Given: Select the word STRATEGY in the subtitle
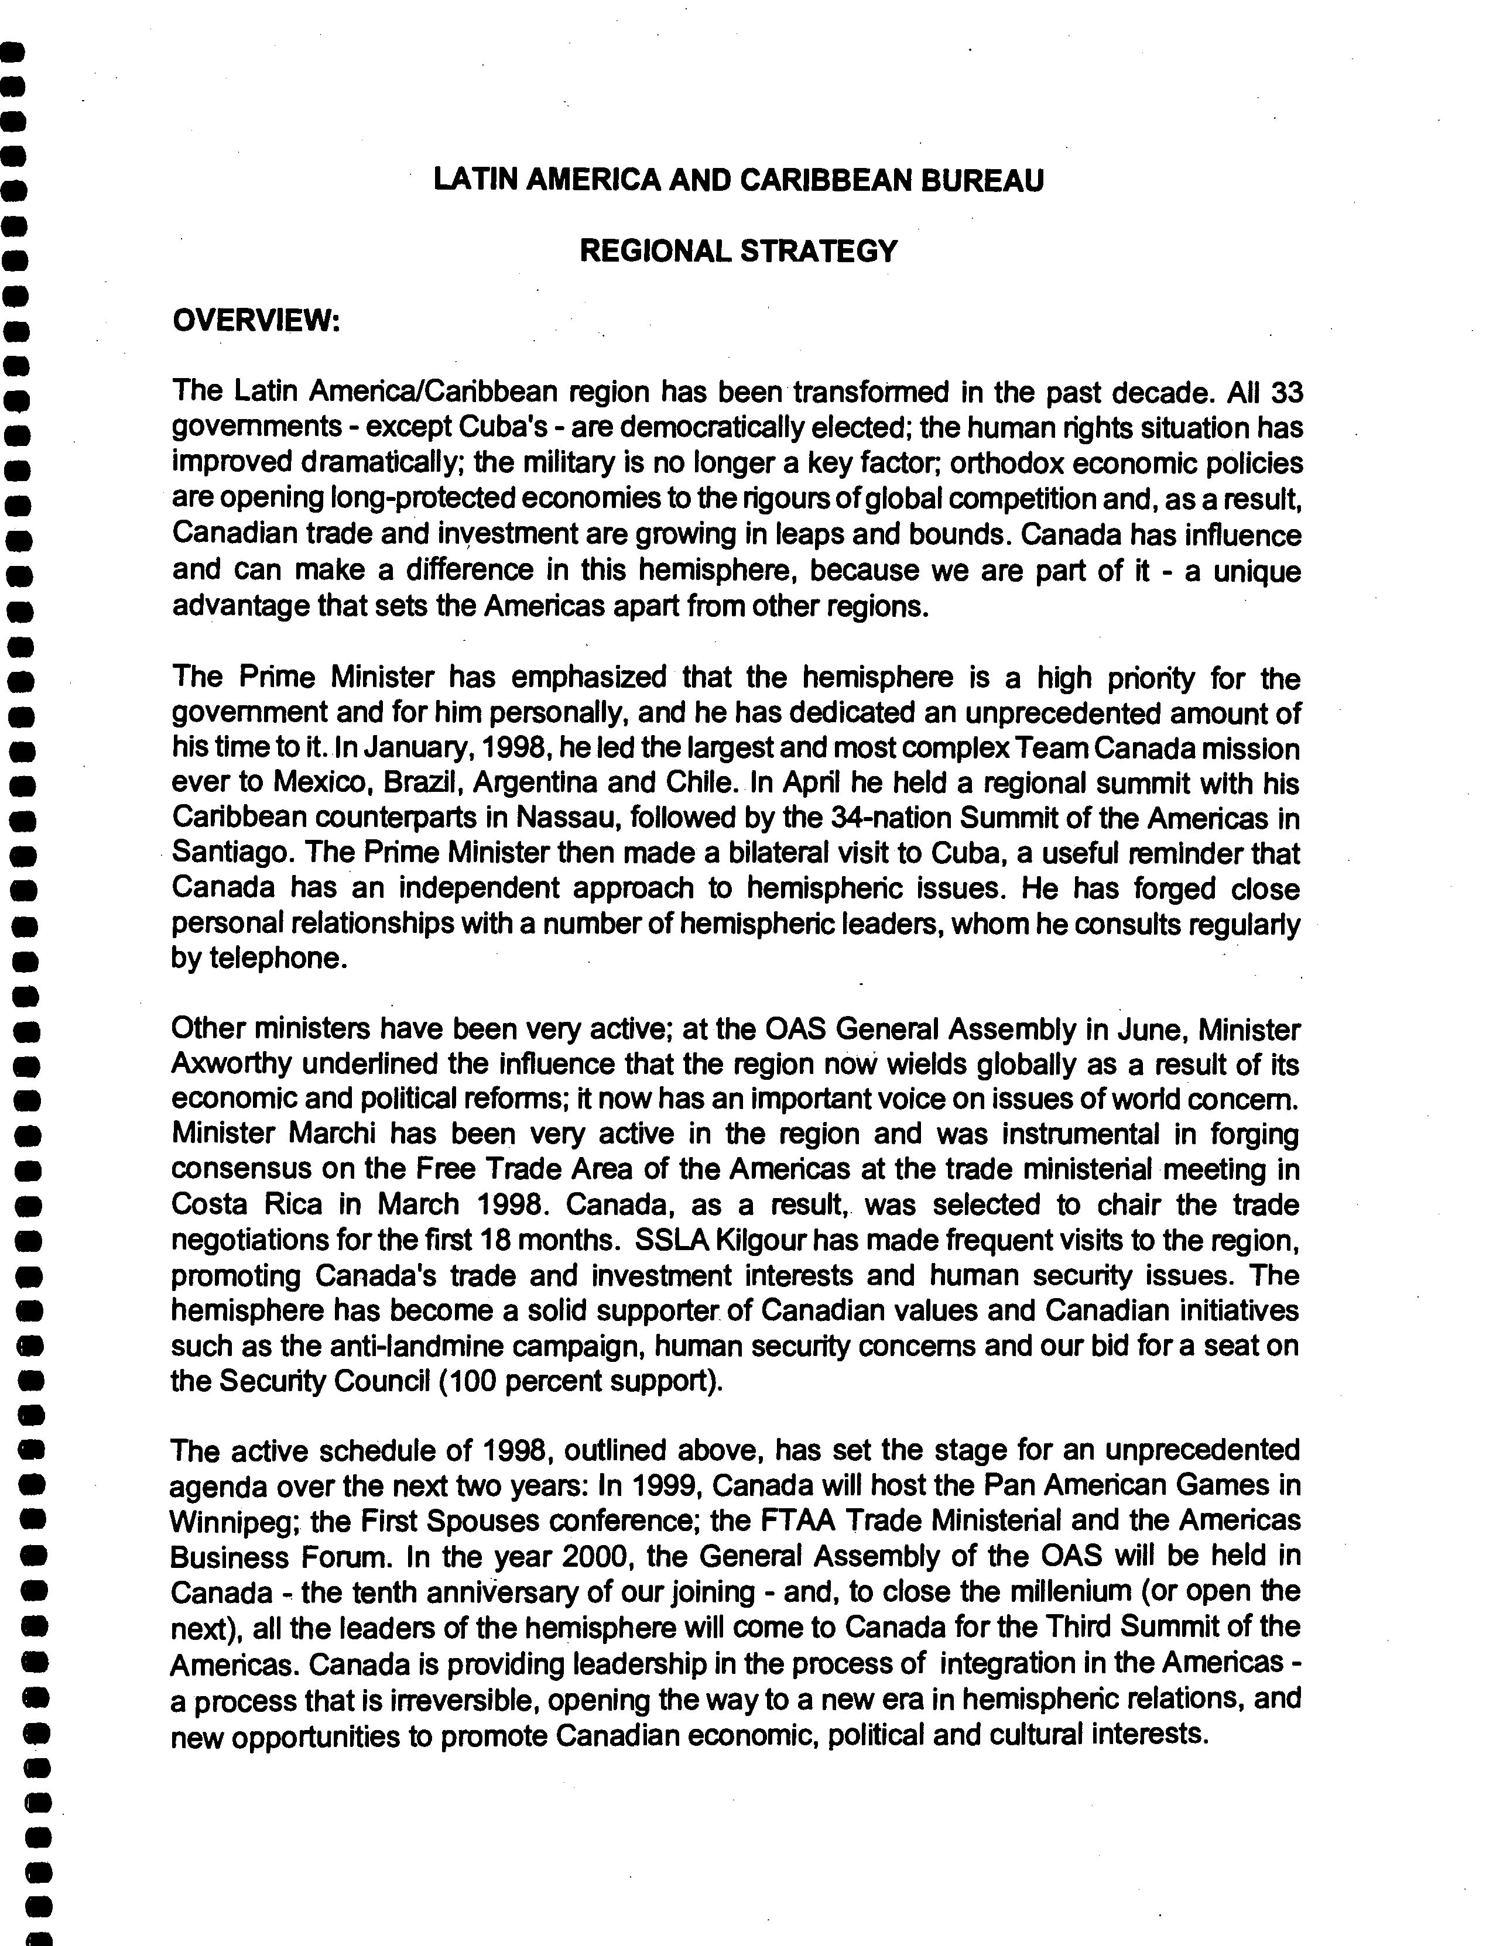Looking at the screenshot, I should (817, 252).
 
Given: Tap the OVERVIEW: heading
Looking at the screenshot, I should (256, 320).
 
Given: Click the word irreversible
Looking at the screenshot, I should (464, 1700).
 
